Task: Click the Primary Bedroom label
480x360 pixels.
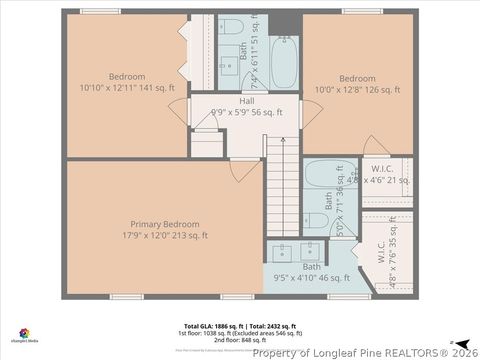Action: tap(165, 224)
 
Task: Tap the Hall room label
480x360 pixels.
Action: tap(246, 102)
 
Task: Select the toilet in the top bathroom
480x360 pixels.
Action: tap(229, 27)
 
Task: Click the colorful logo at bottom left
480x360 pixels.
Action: tap(23, 333)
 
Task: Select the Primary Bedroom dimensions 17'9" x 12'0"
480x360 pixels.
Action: tap(165, 236)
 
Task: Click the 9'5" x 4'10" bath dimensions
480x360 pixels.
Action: tap(312, 278)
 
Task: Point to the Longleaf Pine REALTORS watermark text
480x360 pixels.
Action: tap(364, 352)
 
